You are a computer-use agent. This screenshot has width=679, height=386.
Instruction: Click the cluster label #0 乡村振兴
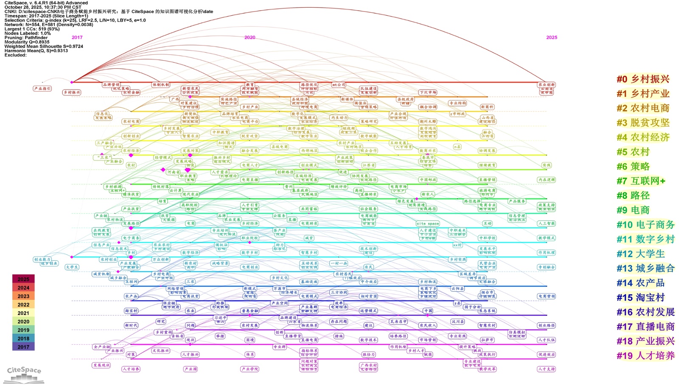click(x=643, y=79)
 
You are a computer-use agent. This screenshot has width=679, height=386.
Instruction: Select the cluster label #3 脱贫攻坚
click(x=643, y=123)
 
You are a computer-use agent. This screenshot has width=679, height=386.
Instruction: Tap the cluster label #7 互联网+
click(x=641, y=181)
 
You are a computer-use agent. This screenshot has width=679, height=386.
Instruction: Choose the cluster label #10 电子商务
click(x=645, y=225)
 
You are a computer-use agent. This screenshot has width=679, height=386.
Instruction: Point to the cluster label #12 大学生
click(x=640, y=254)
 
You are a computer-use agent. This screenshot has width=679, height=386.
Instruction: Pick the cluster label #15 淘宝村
click(x=640, y=298)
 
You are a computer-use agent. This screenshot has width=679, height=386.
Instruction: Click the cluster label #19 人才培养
click(x=645, y=356)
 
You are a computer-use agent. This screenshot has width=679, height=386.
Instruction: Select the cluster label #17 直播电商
click(x=645, y=327)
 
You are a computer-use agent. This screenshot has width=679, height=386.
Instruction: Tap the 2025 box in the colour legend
click(x=23, y=279)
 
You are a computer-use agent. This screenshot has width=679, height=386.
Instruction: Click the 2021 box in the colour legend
click(x=23, y=313)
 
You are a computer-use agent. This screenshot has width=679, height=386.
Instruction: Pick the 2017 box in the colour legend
click(x=23, y=347)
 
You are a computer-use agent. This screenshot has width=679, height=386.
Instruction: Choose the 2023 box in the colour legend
click(x=23, y=296)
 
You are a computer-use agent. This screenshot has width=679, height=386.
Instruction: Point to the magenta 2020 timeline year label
click(x=250, y=37)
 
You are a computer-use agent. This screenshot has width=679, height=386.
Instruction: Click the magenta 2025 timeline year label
click(x=551, y=37)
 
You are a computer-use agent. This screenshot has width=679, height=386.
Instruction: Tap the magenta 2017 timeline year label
click(x=77, y=37)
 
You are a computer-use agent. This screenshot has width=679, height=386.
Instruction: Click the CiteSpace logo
click(x=25, y=374)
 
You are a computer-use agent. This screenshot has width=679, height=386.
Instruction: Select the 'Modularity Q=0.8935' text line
click(x=27, y=42)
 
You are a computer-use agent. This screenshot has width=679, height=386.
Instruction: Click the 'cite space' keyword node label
click(x=427, y=223)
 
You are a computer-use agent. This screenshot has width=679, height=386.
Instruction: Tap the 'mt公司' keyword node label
click(x=338, y=85)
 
